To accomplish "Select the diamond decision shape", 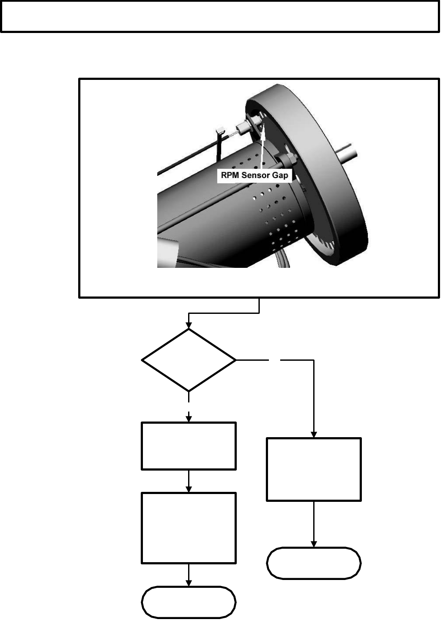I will tap(189, 360).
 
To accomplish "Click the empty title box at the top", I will tap(220, 16).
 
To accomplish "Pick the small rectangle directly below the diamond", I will tap(189, 445).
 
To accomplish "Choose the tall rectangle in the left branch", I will tap(189, 528).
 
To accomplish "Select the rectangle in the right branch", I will tap(313, 469).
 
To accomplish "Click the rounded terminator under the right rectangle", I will tap(313, 563).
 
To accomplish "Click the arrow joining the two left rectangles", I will tap(189, 481).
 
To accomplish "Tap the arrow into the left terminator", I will tap(189, 576).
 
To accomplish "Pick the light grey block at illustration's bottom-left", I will tap(167, 251).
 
